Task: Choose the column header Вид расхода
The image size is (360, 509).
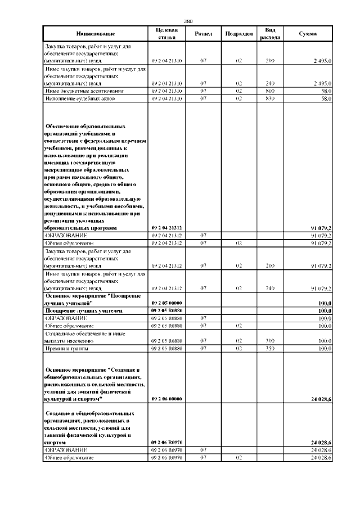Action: [270, 34]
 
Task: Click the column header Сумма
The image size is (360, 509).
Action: [308, 34]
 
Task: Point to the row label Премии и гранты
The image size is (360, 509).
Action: [63, 349]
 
